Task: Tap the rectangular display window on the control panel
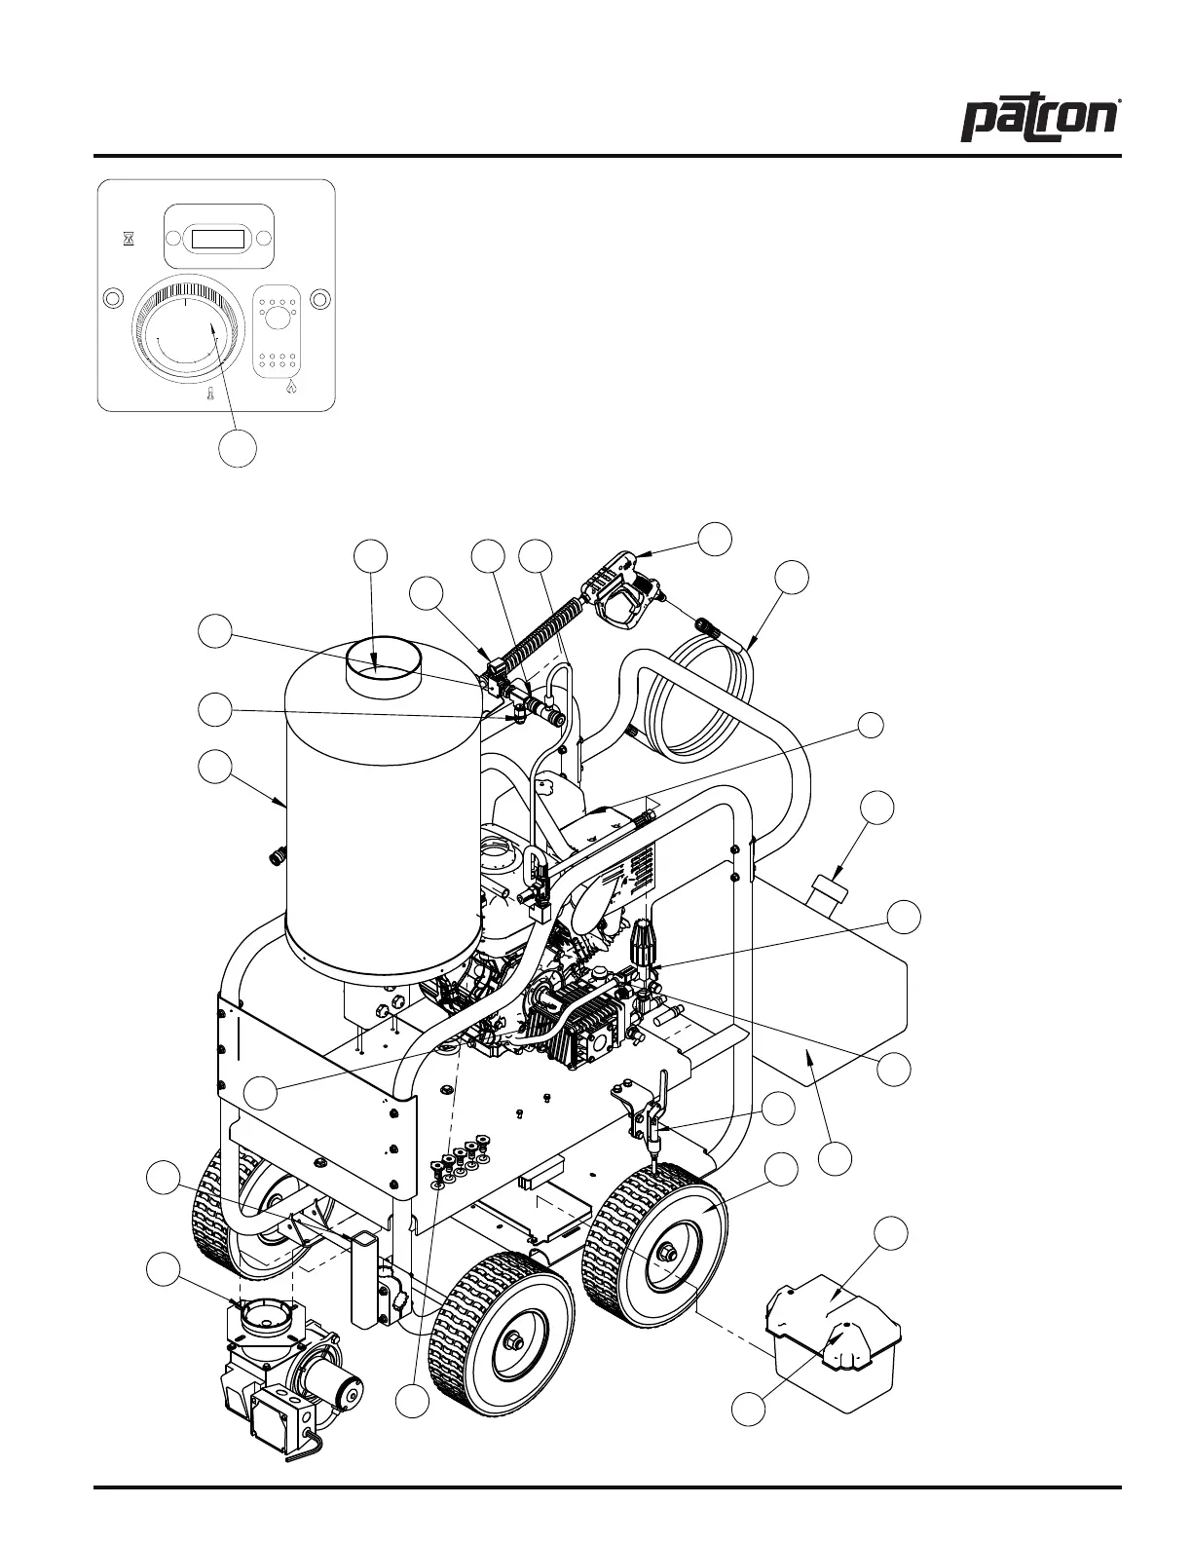218,239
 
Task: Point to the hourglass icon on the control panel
129,239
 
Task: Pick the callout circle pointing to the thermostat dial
238,447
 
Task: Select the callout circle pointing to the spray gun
716,539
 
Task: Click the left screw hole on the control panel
113,297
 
